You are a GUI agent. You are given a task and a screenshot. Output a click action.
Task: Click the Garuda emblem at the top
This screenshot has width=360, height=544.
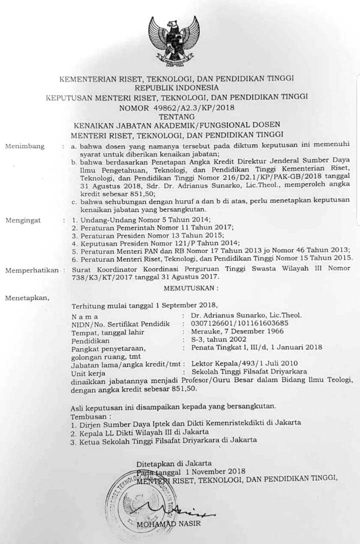pyautogui.click(x=174, y=39)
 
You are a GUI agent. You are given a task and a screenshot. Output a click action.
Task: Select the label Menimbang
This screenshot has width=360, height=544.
pyautogui.click(x=24, y=146)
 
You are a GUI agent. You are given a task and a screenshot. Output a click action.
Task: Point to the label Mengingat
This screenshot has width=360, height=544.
pyautogui.click(x=23, y=220)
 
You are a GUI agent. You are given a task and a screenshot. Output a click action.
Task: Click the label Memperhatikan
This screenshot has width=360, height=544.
pyautogui.click(x=31, y=270)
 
